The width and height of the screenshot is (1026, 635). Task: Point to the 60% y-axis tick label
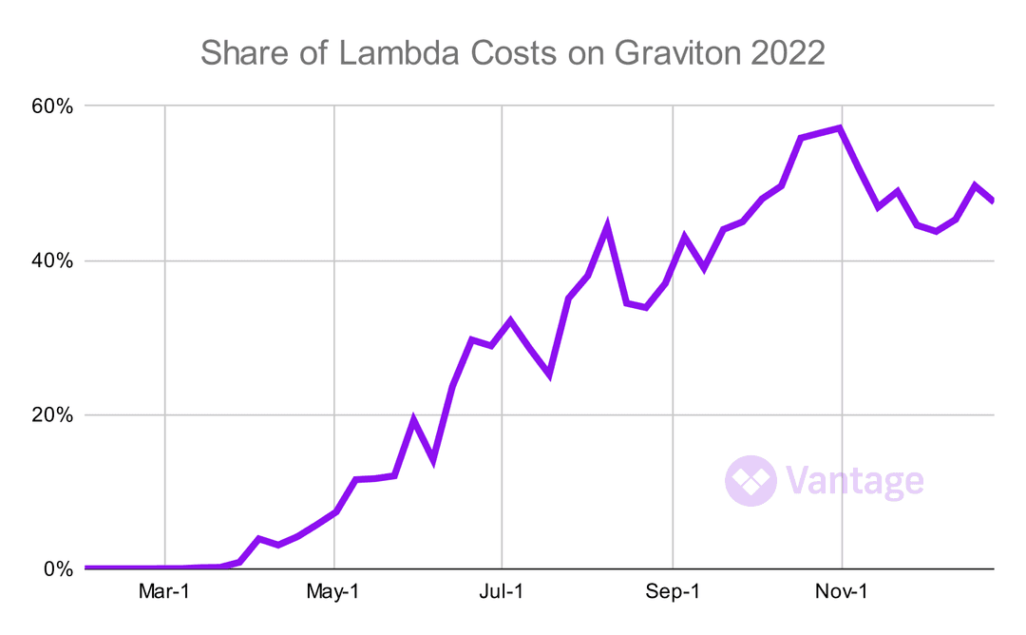click(50, 106)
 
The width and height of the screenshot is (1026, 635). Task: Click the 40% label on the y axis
click(50, 260)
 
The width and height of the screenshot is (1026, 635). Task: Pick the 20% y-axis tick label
click(50, 415)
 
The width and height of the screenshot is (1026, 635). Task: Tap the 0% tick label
click(56, 569)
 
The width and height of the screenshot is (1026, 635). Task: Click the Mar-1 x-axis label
click(165, 592)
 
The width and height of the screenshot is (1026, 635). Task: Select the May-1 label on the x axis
click(334, 592)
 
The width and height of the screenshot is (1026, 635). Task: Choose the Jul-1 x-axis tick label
click(502, 592)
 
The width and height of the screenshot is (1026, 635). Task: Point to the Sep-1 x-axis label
click(672, 592)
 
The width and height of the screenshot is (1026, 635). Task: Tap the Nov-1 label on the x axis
click(842, 592)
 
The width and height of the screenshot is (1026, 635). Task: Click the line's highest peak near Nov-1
click(840, 127)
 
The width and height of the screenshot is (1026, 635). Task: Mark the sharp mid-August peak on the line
click(607, 226)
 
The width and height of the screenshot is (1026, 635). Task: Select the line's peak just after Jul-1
click(510, 320)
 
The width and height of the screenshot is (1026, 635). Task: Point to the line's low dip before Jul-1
click(433, 460)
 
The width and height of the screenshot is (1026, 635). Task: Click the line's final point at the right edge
click(993, 201)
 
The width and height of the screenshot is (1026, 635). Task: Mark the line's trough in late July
click(549, 375)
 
